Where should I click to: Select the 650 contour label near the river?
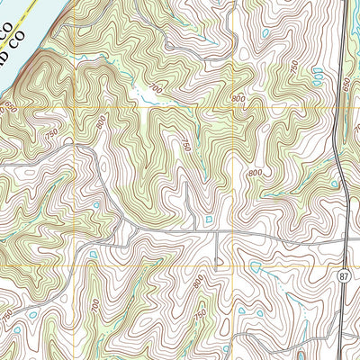click(x=11, y=107)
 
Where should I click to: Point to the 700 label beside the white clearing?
click(x=158, y=88)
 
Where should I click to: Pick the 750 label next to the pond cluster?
click(x=294, y=66)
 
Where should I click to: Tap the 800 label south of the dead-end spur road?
click(x=197, y=282)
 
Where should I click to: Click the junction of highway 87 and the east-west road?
click(x=347, y=241)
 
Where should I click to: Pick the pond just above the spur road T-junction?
click(x=209, y=218)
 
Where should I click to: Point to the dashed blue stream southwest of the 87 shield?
click(x=306, y=328)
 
